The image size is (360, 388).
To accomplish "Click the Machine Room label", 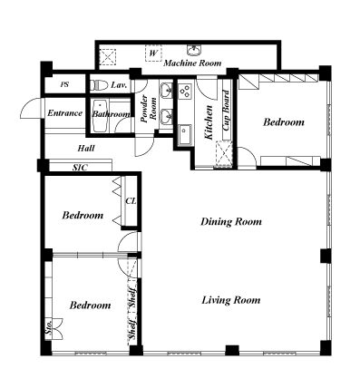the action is (192, 63).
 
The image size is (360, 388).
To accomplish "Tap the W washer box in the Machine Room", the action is (153, 53).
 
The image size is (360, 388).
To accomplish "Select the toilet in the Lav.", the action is (100, 84).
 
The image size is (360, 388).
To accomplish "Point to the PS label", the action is (64, 84).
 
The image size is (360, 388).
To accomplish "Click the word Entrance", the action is (65, 113).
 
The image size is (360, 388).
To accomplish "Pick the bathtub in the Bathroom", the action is (101, 117).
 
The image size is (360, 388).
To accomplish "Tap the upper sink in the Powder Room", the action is (166, 91).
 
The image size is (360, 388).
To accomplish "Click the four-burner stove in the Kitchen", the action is (185, 92).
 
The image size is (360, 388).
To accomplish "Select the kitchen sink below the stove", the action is (185, 135).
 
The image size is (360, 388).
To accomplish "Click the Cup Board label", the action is (226, 111).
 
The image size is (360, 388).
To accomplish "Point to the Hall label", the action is (86, 148).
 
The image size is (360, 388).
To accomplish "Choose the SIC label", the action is (80, 167).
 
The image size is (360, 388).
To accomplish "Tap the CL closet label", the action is (131, 201).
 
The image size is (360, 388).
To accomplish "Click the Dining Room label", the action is (231, 221).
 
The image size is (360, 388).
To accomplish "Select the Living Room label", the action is (231, 300).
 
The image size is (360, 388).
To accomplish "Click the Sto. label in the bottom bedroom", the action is (49, 327).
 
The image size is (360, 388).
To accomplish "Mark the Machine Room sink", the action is (194, 51).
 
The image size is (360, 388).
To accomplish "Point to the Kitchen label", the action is (209, 122).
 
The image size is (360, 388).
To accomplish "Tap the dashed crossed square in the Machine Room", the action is (108, 56).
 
